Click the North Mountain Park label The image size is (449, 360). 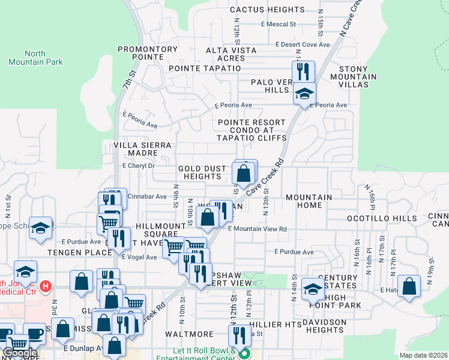(x=35, y=57)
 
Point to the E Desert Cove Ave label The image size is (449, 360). (x=303, y=44)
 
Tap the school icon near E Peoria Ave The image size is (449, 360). (x=304, y=94)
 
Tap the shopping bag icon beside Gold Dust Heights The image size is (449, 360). (x=244, y=173)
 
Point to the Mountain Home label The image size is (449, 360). (x=309, y=201)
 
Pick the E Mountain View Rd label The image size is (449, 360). (x=257, y=229)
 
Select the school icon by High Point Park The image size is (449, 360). (x=313, y=289)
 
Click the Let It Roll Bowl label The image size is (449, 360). (x=197, y=353)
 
